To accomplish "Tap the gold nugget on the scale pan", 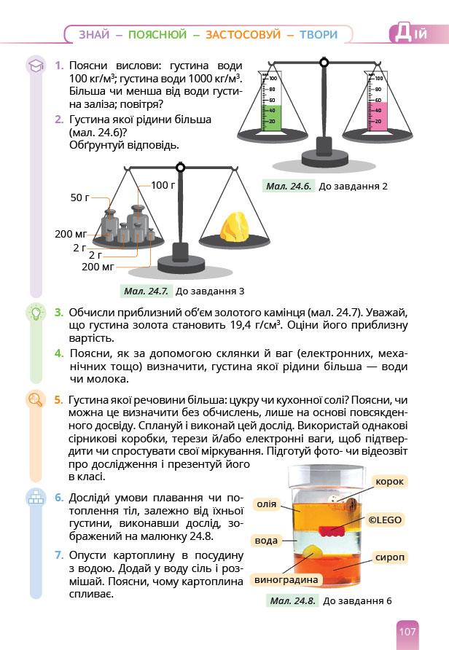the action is [x=234, y=226].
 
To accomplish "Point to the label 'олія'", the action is [x=265, y=504].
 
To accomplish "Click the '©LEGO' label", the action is [x=385, y=520].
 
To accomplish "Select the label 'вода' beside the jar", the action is [x=266, y=541].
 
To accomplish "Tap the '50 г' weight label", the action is [x=79, y=197].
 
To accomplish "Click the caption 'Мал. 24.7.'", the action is [x=146, y=291].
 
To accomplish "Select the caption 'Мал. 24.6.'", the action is [x=289, y=186].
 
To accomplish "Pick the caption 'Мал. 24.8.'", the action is [x=292, y=601].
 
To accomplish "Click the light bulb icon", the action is [x=34, y=313].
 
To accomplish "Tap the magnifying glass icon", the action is [x=34, y=399].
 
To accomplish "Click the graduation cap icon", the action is [x=34, y=66].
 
